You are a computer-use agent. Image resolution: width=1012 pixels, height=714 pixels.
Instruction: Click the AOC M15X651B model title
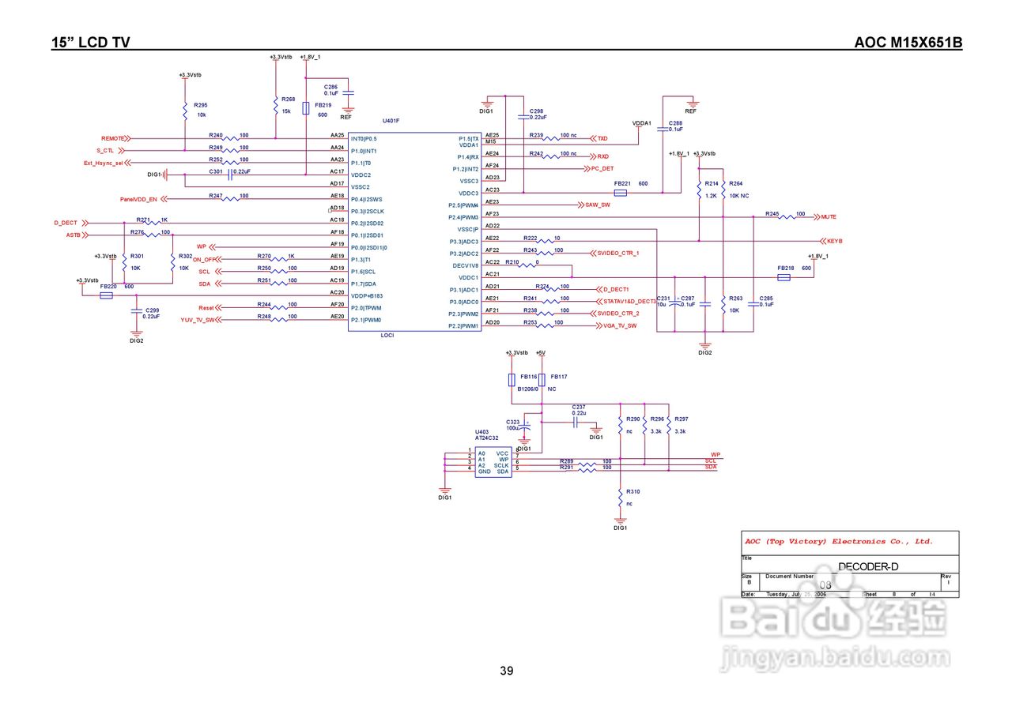[x=908, y=43]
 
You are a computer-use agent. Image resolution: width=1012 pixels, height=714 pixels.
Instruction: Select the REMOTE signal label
[x=113, y=138]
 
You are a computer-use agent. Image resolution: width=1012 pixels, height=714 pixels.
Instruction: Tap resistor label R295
[x=201, y=105]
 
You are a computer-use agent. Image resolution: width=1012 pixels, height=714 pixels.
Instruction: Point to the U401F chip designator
[x=391, y=121]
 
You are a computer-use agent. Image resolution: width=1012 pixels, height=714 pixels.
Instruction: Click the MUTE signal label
[x=829, y=216]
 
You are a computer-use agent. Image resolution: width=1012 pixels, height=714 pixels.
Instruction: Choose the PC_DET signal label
[x=602, y=168]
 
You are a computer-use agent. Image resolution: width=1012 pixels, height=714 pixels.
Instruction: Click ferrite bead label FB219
[x=323, y=104]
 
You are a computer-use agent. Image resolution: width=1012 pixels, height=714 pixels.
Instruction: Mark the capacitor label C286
[x=330, y=86]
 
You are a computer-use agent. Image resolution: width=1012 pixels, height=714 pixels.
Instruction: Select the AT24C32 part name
[x=486, y=438]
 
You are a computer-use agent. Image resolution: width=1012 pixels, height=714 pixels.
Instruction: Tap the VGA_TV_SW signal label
[x=621, y=325]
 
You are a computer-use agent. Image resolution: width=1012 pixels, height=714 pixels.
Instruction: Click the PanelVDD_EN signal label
[x=138, y=198]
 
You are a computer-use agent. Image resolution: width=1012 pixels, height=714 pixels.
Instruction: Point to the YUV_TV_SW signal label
[x=197, y=320]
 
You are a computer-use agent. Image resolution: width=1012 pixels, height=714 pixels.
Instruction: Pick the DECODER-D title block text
[x=867, y=566]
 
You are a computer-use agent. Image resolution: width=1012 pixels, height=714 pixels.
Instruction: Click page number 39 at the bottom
[x=506, y=671]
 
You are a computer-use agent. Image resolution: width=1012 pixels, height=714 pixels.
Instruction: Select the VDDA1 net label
[x=641, y=123]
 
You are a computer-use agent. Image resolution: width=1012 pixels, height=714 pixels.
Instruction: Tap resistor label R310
[x=632, y=491]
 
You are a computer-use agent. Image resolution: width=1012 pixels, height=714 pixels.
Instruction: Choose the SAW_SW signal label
[x=598, y=205]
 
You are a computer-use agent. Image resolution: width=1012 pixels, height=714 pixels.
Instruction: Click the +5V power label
[x=541, y=352]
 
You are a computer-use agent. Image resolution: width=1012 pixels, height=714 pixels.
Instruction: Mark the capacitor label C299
[x=153, y=310]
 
